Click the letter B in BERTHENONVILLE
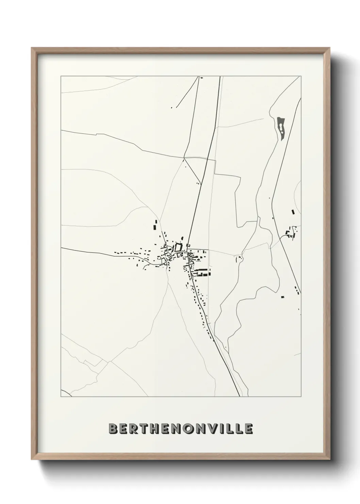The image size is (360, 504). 113,429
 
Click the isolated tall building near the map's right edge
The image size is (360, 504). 292,212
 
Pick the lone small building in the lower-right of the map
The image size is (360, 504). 282,297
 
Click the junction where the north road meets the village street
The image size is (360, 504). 188,251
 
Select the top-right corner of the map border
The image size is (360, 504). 301,76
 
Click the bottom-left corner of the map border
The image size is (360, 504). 61,397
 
